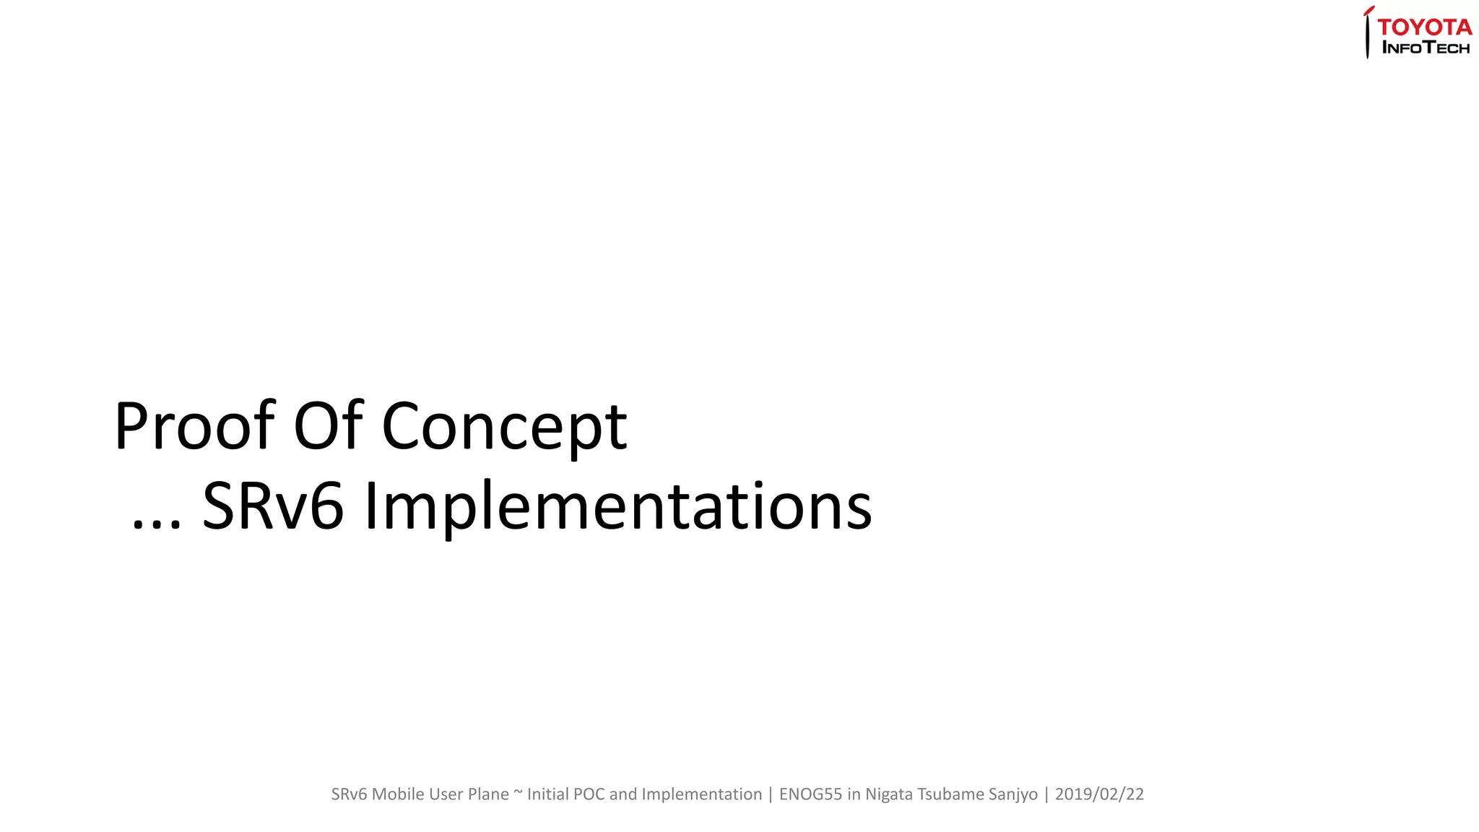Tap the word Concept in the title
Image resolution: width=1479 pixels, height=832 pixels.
coord(504,428)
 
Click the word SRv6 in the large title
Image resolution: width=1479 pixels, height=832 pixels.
coord(272,506)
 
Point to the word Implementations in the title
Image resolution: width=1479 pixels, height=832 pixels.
coord(618,508)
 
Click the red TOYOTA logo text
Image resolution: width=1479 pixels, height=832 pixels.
coord(1424,27)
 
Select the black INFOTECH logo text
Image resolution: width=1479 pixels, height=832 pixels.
coord(1426,48)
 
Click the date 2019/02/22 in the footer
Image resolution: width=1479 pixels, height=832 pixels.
coord(1099,794)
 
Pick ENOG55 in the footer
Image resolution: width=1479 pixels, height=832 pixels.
coord(810,794)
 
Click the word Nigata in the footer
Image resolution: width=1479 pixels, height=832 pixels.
coord(889,794)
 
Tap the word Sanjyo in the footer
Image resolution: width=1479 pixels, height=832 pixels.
coord(1013,794)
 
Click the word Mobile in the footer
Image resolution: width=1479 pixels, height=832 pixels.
coord(398,794)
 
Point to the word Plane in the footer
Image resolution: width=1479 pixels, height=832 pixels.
coord(488,794)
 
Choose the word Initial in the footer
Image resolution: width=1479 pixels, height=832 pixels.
coord(547,794)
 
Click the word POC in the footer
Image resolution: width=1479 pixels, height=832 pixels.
coord(589,794)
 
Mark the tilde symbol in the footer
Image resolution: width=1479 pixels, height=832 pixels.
coord(518,793)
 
